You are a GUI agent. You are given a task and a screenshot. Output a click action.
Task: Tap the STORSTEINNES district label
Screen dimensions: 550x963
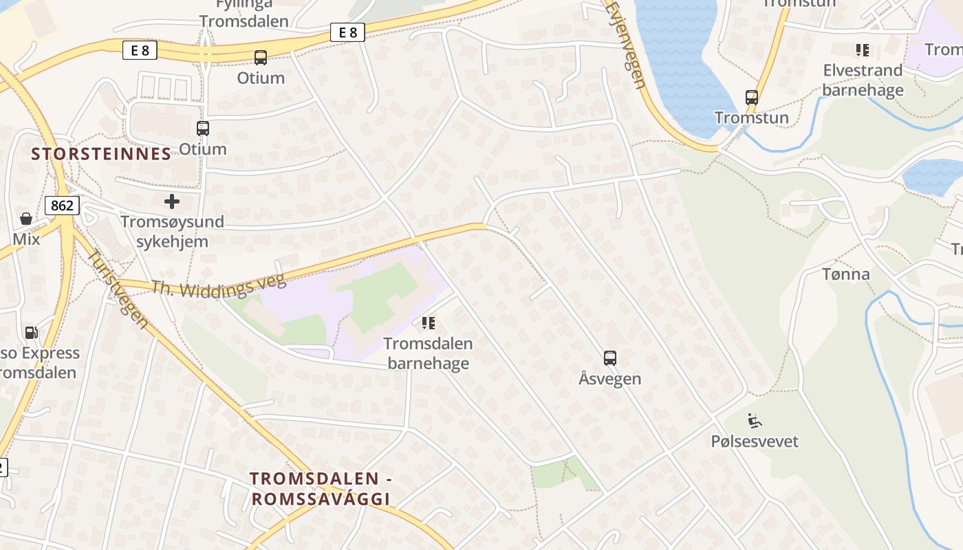101,154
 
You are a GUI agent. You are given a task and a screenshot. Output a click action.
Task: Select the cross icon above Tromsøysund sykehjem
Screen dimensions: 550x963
172,201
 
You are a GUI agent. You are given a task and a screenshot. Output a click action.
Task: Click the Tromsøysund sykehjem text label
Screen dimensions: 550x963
172,232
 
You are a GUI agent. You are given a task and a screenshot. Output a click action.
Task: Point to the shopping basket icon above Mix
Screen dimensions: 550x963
26,219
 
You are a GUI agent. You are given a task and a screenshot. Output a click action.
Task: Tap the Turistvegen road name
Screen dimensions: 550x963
118,287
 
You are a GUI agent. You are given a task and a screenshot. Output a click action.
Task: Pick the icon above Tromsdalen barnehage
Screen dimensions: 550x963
429,322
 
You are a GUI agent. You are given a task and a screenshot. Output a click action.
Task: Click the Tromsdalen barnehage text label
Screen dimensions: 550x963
428,353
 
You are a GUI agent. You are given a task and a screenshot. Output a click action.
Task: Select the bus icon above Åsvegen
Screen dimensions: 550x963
610,357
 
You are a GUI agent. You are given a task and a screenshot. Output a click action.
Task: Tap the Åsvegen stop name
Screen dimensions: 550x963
610,379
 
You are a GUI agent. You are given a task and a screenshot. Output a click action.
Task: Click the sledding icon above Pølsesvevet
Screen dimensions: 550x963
755,419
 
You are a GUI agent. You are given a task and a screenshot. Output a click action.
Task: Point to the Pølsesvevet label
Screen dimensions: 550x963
755,441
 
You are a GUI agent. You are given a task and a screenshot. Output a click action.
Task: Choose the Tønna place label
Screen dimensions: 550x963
846,274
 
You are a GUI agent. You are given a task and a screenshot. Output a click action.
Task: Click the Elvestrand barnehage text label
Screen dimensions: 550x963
863,80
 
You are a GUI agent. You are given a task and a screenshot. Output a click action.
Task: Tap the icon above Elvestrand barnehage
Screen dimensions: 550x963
863,49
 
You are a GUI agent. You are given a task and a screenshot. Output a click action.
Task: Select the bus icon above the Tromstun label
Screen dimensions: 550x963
752,98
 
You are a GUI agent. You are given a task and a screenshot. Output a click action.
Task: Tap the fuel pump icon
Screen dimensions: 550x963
31,333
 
